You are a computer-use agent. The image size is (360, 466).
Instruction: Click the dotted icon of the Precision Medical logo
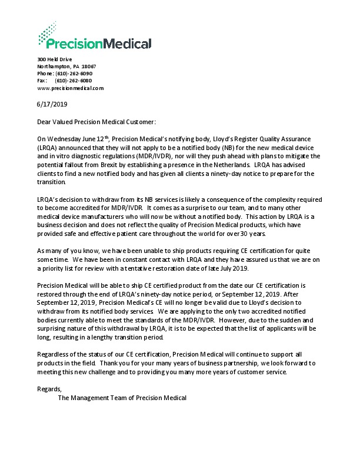click(x=47, y=33)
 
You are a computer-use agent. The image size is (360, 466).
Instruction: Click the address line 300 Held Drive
click(x=54, y=59)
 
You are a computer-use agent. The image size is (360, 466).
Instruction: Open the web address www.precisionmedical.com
click(x=70, y=88)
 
